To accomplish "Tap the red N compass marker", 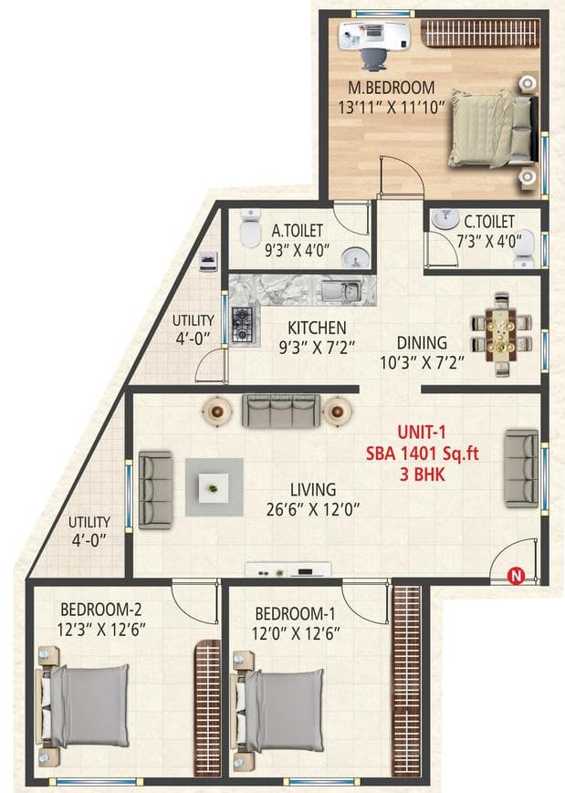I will coord(516,575).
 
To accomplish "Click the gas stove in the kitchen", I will coord(242,324).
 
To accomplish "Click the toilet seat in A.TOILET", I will coord(249,233).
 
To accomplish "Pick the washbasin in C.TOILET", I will coord(447,220).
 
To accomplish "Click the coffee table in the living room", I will coord(214,486).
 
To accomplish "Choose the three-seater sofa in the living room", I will coord(280,412).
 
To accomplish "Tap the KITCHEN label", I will coord(317,328).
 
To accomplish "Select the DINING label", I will coord(422,342).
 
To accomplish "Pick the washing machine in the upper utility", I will coord(209,260).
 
